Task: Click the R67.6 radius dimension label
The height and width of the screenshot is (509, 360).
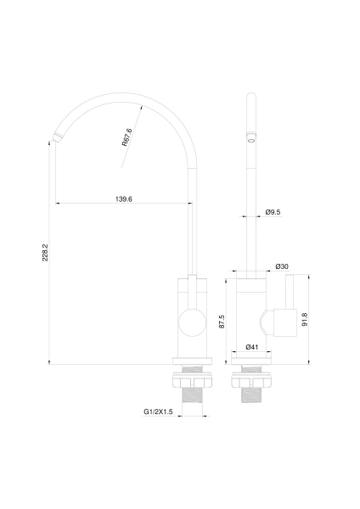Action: point(127,137)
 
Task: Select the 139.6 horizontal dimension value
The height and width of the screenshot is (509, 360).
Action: point(124,199)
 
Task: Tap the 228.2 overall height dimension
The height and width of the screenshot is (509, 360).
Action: point(45,252)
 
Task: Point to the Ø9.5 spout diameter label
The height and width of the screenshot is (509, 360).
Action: point(273,212)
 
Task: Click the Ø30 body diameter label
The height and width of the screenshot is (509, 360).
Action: point(282,266)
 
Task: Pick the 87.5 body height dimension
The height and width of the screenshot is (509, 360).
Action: point(222,322)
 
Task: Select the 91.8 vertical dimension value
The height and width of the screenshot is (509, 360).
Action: point(305,320)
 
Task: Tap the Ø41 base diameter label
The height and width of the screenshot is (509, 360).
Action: point(252,347)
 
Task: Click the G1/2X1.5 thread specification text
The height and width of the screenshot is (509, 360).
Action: point(158,412)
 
